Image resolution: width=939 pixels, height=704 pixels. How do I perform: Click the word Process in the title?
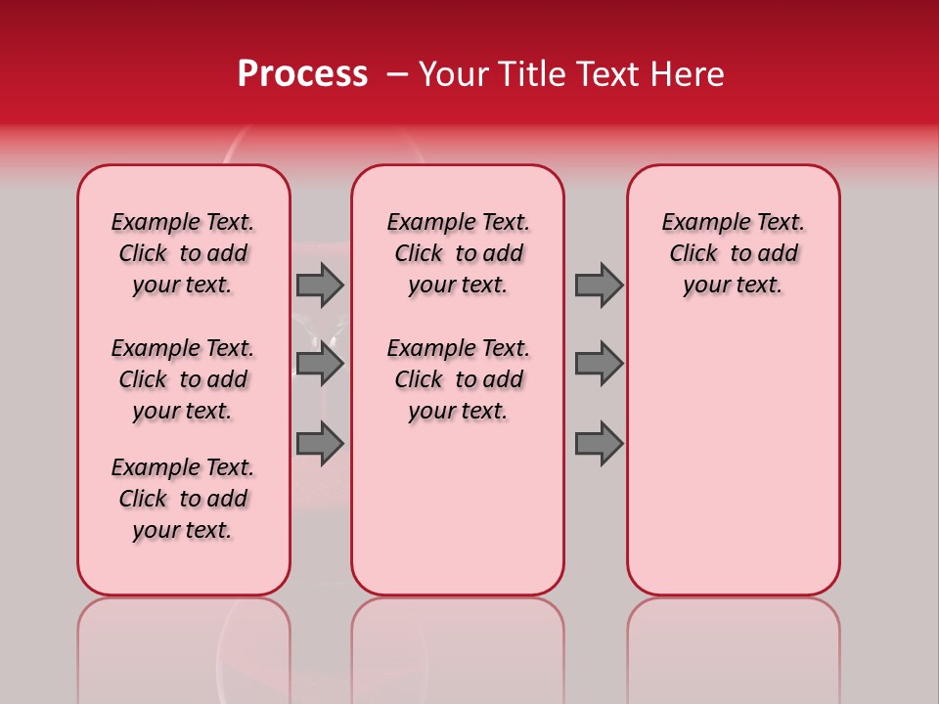coord(302,74)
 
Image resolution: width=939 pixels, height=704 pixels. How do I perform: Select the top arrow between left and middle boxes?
coord(319,285)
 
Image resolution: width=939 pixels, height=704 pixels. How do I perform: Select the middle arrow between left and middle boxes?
coord(319,364)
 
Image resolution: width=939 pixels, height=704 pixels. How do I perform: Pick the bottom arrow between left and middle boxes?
coord(319,443)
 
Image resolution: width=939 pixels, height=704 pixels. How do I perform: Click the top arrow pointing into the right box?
coord(599,285)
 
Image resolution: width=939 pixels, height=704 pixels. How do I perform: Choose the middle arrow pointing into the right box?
coord(599,364)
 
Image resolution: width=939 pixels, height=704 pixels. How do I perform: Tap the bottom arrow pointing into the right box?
coord(599,443)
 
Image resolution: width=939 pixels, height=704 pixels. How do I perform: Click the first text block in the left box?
coord(183,253)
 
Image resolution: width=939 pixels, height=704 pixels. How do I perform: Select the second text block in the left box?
coord(183,379)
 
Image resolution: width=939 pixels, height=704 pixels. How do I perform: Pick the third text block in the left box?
coord(183,499)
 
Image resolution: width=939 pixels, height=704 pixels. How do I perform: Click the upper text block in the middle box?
coord(458,253)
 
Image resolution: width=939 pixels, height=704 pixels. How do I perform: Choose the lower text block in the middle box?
coord(458,379)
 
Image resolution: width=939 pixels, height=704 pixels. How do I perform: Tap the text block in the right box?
coord(733,253)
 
